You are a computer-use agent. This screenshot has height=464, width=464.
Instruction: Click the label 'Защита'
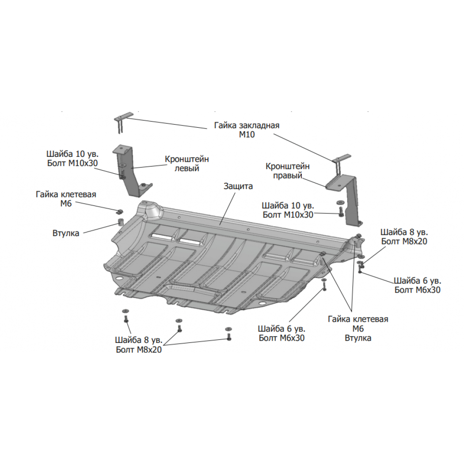238,186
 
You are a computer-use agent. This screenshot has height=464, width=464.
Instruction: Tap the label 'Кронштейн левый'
187,164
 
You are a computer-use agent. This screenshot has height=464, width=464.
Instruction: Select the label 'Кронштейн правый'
287,171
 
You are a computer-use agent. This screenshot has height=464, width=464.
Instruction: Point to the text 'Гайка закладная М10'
247,130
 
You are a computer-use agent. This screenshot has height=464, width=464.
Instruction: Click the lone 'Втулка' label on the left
66,233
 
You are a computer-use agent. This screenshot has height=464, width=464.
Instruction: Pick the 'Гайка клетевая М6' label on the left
66,199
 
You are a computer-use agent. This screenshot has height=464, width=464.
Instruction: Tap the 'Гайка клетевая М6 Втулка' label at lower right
358,328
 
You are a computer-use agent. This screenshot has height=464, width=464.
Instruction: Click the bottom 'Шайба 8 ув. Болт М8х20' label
139,345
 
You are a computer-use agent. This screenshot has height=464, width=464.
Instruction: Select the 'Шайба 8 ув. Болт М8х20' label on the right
404,237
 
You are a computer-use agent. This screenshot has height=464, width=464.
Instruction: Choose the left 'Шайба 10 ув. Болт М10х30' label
72,158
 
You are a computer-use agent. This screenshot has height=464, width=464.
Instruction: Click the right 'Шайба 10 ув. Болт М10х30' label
288,210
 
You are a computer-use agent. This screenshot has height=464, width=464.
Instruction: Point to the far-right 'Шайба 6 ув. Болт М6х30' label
418,285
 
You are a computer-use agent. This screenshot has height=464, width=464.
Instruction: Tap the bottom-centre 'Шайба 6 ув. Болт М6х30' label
281,333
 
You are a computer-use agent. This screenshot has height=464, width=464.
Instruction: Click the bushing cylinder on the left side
121,222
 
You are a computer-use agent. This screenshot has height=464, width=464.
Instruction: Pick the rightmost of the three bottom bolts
228,334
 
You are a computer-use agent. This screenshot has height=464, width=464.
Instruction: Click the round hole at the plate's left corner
119,278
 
